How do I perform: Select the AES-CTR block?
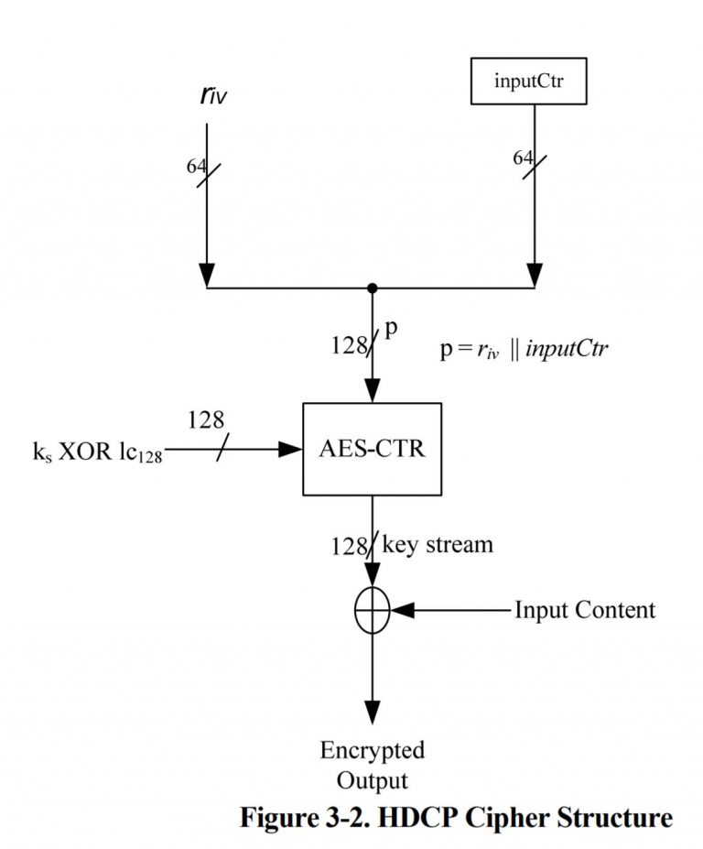(x=372, y=449)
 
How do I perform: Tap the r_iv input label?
(x=211, y=95)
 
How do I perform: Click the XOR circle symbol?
(x=372, y=609)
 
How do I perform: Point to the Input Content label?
(x=584, y=610)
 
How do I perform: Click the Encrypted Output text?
(x=372, y=766)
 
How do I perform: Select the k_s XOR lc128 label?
(x=97, y=453)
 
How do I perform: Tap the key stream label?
(x=437, y=544)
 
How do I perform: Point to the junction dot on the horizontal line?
(x=372, y=288)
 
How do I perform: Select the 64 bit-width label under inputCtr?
(x=523, y=158)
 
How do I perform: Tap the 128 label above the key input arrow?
(x=206, y=420)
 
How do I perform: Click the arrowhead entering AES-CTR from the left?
(x=291, y=449)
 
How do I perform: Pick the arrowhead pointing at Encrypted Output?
(x=372, y=713)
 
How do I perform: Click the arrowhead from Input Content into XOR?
(x=404, y=609)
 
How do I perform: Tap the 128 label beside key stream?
(x=349, y=547)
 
